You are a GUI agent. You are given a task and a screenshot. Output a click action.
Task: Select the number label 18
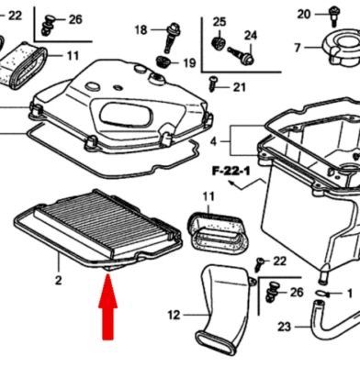(141, 30)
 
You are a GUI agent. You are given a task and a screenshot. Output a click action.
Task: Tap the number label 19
(188, 63)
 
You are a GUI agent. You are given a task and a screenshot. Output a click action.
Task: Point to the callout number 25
(219, 21)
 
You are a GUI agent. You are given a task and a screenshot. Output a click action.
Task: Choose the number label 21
(239, 87)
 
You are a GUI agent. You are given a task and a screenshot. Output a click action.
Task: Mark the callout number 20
(305, 13)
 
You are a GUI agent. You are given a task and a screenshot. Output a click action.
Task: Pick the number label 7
(297, 48)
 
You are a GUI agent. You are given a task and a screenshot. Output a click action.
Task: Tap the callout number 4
(213, 142)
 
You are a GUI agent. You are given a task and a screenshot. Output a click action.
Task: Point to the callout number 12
(174, 315)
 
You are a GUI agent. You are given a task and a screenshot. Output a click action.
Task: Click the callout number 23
(284, 351)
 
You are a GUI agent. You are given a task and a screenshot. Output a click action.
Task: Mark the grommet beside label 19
(164, 61)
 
